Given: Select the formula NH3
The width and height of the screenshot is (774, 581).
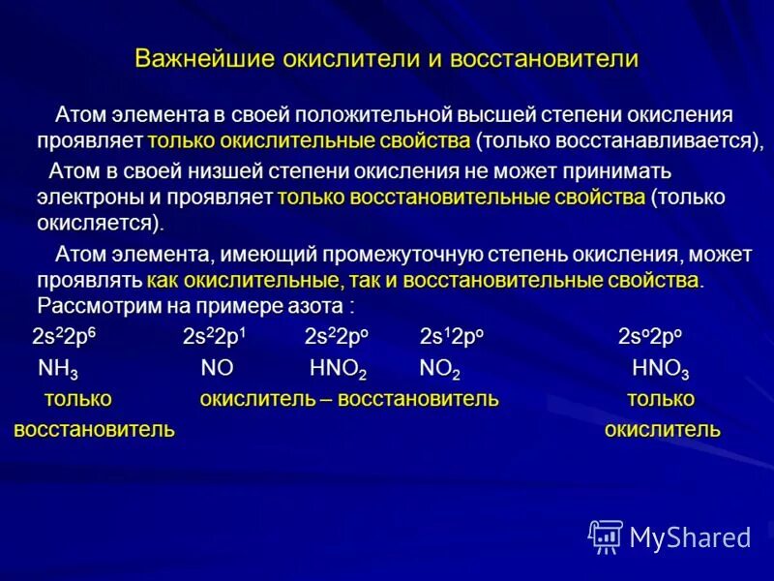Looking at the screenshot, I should click(58, 369).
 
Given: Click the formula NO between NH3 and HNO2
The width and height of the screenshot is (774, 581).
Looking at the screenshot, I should click(217, 369).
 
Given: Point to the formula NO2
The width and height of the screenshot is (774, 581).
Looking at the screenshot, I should click(439, 369).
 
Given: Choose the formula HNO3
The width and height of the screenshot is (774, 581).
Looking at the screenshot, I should click(660, 369).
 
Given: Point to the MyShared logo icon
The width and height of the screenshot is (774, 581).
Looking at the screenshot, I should click(606, 535).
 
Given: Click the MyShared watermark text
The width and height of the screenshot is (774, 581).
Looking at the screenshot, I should click(691, 536).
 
